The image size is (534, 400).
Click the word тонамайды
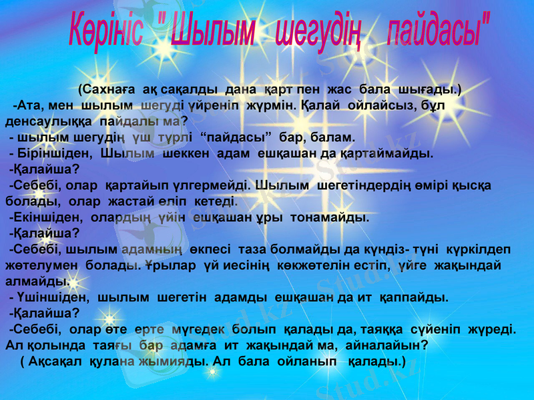(x=333, y=217)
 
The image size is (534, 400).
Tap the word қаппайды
(x=413, y=297)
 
